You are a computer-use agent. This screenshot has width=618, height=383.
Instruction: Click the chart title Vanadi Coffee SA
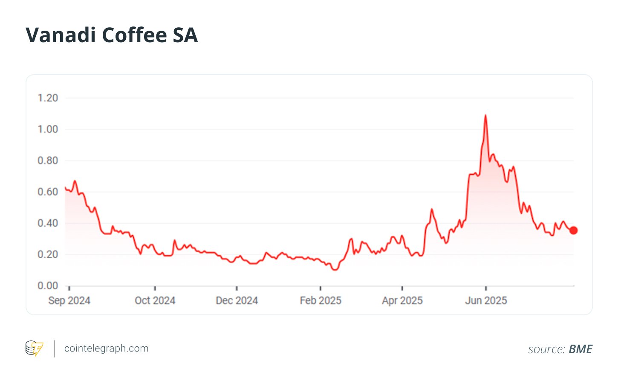[x=112, y=35]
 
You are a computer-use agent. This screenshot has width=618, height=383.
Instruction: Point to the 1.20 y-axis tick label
[x=48, y=98]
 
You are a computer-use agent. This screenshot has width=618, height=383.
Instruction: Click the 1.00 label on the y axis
[x=48, y=129]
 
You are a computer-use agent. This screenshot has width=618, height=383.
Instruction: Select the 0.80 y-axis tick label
[x=48, y=161]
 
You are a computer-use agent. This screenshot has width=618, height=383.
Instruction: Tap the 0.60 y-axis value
[x=48, y=192]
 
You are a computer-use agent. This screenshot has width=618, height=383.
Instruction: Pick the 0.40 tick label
[x=48, y=223]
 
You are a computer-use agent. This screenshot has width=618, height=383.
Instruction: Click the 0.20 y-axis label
[x=48, y=254]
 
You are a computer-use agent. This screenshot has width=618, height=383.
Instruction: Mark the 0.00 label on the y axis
[x=48, y=285]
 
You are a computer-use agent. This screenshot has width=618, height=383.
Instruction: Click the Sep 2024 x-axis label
[x=69, y=301]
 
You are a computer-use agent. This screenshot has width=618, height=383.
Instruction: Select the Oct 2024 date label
[x=155, y=301]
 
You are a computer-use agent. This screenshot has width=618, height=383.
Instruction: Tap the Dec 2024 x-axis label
[x=237, y=301]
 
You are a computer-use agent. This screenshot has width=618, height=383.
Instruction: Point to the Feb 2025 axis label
[x=321, y=301]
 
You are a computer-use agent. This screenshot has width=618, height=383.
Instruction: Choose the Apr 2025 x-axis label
[x=402, y=301]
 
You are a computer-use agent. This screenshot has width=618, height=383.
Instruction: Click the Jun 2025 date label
[x=486, y=301]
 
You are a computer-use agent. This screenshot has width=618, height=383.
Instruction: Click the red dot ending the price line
[x=574, y=230]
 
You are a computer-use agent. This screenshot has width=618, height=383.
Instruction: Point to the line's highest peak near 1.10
[x=485, y=115]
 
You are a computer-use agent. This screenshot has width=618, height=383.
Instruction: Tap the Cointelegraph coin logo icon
[x=34, y=348]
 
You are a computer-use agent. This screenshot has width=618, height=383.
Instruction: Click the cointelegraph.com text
[x=106, y=348]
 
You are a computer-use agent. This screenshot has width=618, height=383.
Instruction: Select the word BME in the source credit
[x=580, y=349]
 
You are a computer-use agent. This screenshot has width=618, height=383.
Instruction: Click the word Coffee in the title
[x=134, y=35]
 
